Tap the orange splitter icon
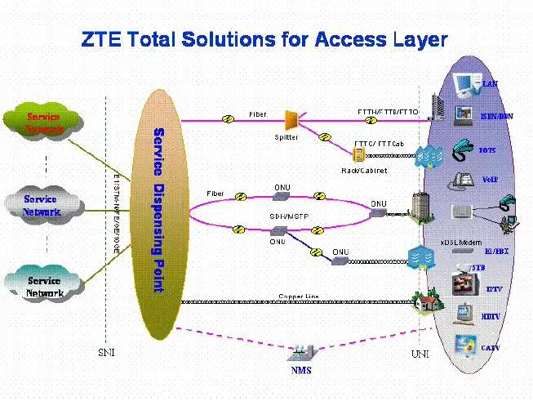[x=291, y=120]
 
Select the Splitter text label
[x=286, y=139]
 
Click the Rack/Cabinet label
[x=364, y=171]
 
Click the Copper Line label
[x=299, y=296]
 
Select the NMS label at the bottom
[x=301, y=372]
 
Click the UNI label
[x=420, y=354]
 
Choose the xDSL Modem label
[x=461, y=243]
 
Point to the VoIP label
[x=491, y=179]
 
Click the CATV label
[x=491, y=347]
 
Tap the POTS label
[x=487, y=150]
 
